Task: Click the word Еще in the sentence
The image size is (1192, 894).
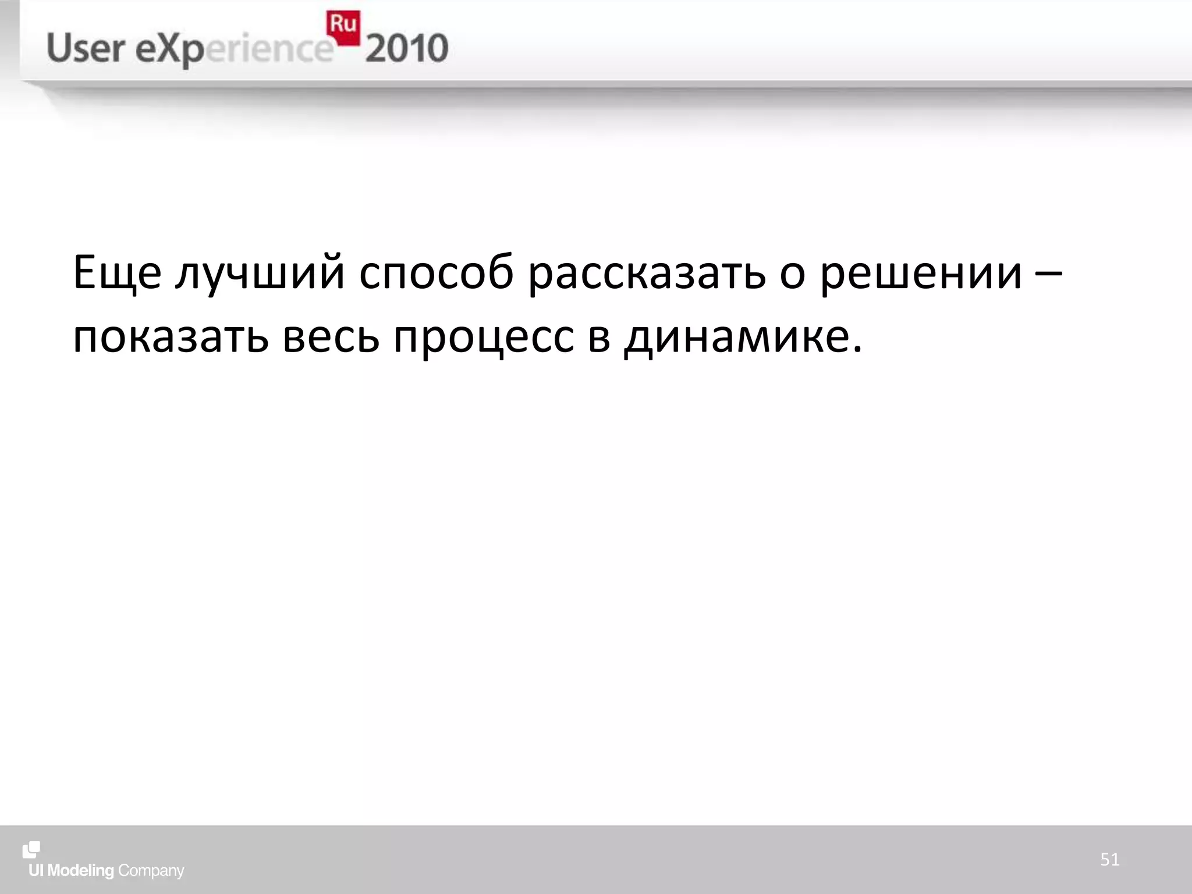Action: tap(116, 272)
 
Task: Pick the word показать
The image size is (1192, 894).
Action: tap(171, 338)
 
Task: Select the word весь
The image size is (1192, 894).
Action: tap(331, 338)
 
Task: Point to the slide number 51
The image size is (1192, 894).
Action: tap(1109, 860)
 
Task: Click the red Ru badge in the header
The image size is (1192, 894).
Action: tap(343, 27)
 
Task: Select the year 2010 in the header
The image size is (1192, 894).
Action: tap(407, 48)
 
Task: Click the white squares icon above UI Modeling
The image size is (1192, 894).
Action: tap(31, 849)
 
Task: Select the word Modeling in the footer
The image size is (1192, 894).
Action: tap(80, 871)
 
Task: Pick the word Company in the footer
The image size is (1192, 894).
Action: tap(151, 871)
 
